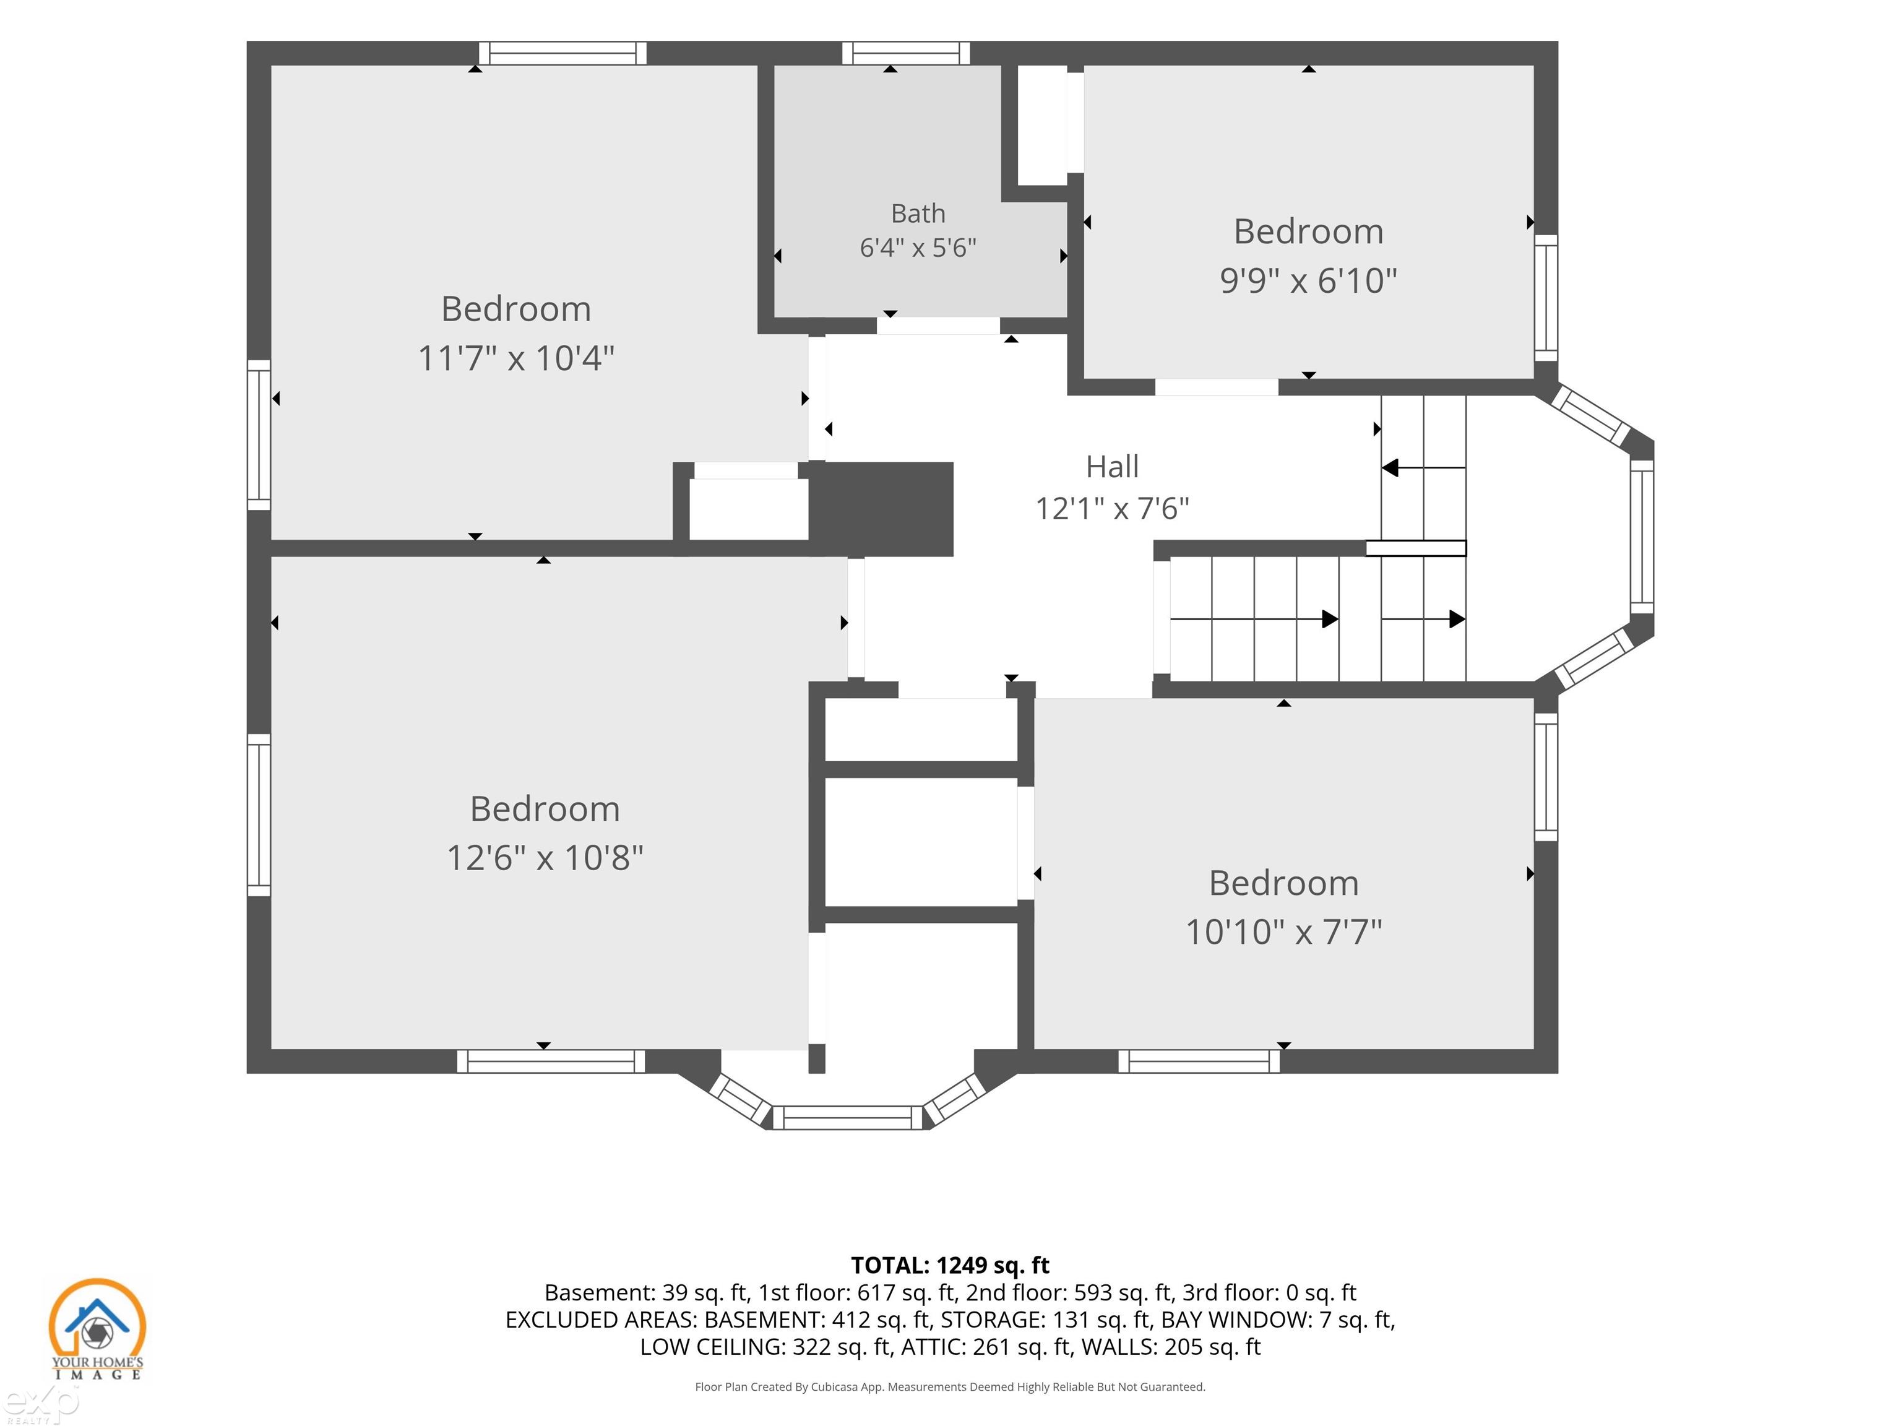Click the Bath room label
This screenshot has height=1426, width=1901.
(918, 213)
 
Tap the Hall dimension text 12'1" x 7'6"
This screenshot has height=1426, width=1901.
(1112, 509)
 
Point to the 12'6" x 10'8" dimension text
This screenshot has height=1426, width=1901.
(545, 858)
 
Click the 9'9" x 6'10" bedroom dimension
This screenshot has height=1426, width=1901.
(1308, 281)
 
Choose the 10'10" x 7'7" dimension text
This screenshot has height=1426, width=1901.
(1284, 931)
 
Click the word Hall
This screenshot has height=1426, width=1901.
(1112, 467)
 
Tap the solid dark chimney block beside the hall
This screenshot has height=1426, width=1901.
(881, 509)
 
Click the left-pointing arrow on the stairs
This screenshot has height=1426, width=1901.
(1423, 468)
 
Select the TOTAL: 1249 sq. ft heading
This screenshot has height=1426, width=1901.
(950, 1265)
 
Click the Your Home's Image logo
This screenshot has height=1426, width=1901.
(97, 1329)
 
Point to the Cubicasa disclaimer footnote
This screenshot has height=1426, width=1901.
(950, 1386)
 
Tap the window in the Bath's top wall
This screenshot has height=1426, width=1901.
(906, 53)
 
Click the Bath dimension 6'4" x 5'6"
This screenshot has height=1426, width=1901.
(918, 248)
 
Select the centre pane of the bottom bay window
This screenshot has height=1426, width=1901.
(847, 1117)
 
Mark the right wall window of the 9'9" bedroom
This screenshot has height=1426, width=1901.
(1546, 298)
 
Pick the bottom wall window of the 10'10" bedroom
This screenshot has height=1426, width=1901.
(1199, 1061)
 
